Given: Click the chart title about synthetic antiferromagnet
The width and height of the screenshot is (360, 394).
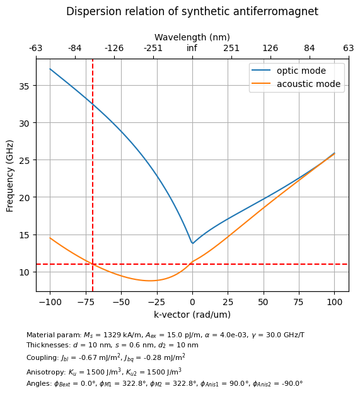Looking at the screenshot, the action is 192,11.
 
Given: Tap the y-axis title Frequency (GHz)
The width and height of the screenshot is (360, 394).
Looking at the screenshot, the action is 9,176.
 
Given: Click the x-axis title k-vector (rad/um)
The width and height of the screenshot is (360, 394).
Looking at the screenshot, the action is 192,315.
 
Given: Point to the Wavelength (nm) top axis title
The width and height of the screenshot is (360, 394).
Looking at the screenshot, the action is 192,37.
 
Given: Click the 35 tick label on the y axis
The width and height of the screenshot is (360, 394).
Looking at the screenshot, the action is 25,86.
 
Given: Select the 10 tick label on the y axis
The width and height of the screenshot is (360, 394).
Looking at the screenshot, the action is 25,272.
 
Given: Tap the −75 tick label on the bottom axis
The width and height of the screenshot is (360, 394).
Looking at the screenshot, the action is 86,302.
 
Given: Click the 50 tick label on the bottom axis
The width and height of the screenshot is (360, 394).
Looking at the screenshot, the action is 264,302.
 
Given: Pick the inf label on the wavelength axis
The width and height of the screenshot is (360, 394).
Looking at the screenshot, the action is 192,48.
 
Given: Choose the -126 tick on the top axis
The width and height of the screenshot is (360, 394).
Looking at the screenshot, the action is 114,48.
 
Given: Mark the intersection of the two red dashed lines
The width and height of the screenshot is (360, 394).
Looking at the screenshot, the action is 93,264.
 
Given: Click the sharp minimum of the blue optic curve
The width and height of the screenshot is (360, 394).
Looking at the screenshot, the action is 193,243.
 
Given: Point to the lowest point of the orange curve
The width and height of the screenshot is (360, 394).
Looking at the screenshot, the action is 150,281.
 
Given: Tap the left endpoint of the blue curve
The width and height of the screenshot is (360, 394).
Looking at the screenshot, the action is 50,69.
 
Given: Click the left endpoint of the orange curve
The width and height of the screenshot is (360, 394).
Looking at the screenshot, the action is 50,238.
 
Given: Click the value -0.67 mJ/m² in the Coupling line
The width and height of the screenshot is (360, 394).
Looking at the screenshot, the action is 100,357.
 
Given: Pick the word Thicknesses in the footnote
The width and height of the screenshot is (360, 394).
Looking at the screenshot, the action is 49,345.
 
